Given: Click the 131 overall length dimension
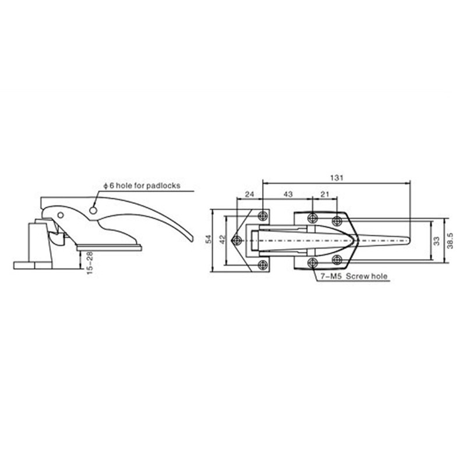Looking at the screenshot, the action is [337, 178].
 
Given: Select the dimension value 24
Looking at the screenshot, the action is [249, 194].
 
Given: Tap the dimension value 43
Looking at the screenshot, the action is [288, 194].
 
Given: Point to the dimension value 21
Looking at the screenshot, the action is [325, 194].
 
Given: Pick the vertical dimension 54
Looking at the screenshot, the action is [209, 239].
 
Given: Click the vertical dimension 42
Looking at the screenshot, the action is [223, 239].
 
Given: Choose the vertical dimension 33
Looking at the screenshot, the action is [436, 241].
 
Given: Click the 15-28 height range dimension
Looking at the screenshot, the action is [90, 263].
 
